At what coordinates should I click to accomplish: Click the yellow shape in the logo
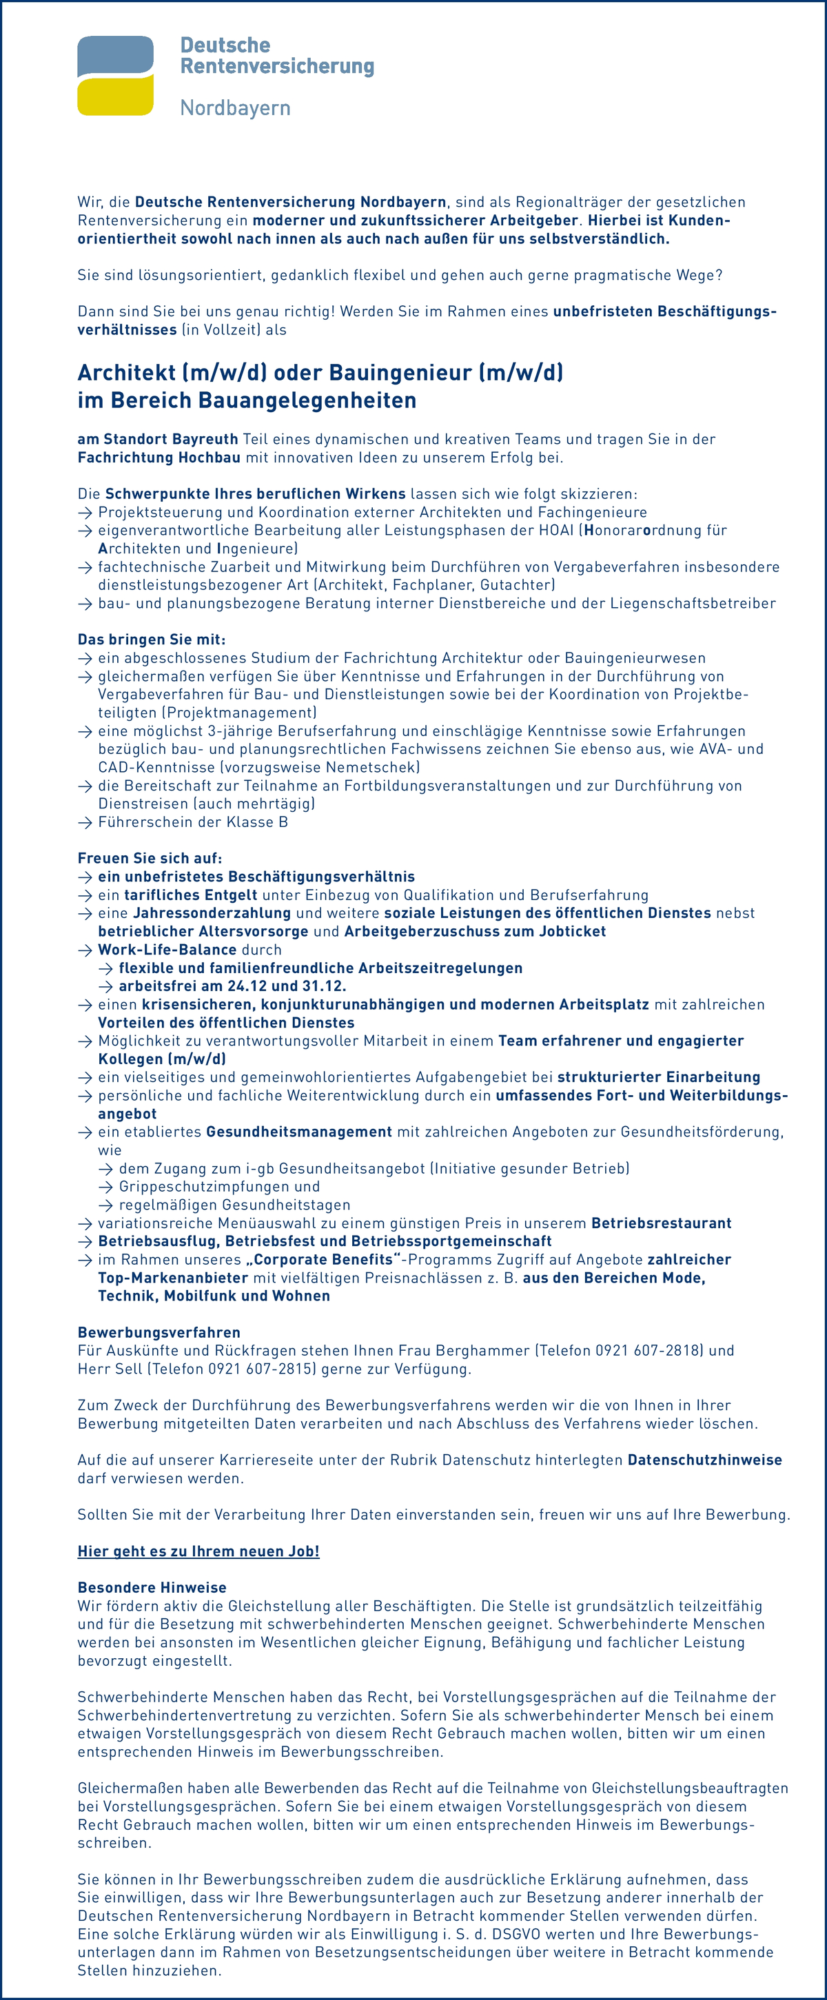click(x=115, y=98)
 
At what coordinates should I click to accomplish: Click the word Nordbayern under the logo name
click(x=235, y=108)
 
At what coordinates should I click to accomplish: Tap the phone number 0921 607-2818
click(x=649, y=1350)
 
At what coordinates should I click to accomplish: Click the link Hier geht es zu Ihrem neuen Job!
click(x=198, y=1551)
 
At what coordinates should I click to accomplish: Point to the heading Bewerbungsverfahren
click(x=159, y=1332)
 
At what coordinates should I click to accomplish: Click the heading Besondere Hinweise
click(x=152, y=1588)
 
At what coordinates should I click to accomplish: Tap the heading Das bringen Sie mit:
click(x=152, y=640)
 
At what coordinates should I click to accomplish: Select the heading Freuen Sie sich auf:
click(x=150, y=858)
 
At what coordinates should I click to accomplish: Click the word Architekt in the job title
click(x=127, y=373)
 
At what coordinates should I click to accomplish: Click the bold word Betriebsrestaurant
click(x=661, y=1223)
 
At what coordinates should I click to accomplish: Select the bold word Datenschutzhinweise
click(x=704, y=1460)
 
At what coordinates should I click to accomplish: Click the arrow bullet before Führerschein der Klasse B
click(x=85, y=822)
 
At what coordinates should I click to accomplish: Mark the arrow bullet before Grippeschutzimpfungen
click(x=105, y=1187)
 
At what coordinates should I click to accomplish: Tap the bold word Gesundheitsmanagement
click(x=299, y=1132)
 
